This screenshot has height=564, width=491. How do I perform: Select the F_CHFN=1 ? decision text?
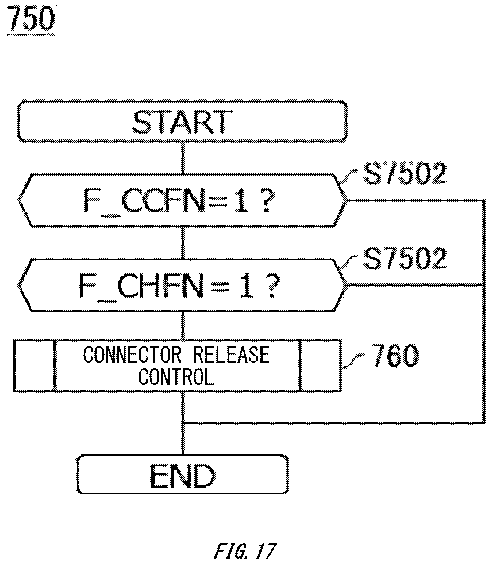point(179,285)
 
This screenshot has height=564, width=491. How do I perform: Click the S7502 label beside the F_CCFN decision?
point(405,173)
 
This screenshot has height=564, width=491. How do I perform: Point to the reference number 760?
point(395,356)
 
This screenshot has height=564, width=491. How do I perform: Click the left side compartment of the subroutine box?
point(34,366)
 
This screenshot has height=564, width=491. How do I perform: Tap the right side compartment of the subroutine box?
point(321,366)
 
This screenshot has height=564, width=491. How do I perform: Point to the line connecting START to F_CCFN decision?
point(183,158)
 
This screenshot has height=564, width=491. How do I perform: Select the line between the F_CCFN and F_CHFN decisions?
point(183,243)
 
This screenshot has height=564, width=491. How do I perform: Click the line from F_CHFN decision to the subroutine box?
point(183,326)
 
